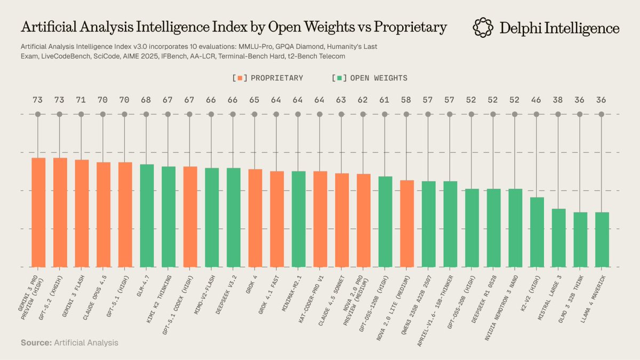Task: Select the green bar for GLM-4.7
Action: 147,215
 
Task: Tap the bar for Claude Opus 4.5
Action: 103,214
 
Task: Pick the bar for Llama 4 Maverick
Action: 602,239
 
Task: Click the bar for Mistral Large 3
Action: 558,237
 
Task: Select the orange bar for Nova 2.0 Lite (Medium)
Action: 407,223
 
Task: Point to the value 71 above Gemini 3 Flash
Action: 81,100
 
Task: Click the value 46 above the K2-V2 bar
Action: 537,100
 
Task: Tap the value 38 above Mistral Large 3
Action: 558,100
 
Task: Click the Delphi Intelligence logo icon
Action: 483,28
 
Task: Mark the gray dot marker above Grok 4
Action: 255,114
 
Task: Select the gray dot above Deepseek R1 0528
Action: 493,114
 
